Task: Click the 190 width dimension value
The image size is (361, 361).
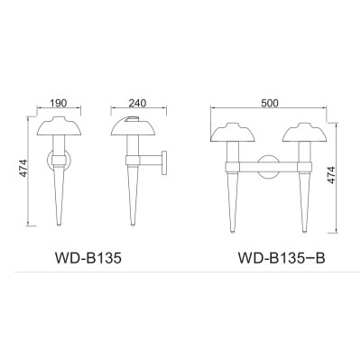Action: pyautogui.click(x=59, y=104)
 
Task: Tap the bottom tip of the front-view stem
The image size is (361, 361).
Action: pyautogui.click(x=59, y=224)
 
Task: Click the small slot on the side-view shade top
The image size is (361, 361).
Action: pyautogui.click(x=135, y=119)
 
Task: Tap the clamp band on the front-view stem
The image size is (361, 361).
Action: pyautogui.click(x=59, y=163)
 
